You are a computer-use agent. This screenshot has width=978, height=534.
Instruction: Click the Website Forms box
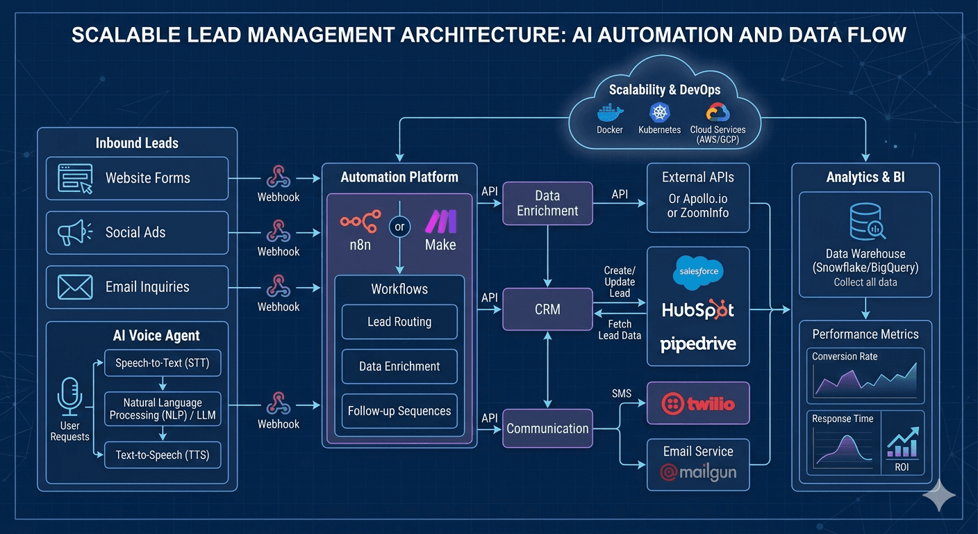[137, 178]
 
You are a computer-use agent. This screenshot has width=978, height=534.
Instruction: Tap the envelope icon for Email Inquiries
[75, 286]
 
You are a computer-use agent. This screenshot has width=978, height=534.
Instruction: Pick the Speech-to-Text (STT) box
[163, 362]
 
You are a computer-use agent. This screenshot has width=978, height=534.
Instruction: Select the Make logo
[440, 222]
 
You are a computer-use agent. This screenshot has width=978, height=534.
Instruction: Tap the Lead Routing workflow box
[399, 322]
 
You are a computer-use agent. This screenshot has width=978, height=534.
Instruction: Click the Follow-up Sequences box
[399, 411]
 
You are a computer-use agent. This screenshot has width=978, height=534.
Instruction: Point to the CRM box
[547, 309]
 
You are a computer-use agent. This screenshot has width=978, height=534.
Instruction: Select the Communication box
[547, 428]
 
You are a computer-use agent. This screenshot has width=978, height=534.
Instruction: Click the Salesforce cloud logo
[698, 272]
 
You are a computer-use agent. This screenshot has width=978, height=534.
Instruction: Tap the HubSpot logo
[698, 309]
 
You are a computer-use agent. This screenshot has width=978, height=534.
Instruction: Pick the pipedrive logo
[698, 343]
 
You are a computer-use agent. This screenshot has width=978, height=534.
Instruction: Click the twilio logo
[698, 403]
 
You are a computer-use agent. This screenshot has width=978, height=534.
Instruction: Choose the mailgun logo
[698, 474]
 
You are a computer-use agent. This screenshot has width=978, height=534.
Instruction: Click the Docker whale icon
[611, 114]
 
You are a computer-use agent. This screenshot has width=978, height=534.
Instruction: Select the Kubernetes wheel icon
[658, 113]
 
